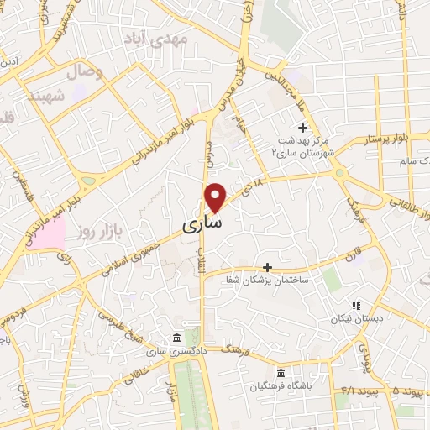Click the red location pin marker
pyautogui.click(x=216, y=197)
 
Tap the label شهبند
pyautogui.click(x=46, y=97)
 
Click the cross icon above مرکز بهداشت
pyautogui.click(x=303, y=126)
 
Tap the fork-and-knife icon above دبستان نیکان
pyautogui.click(x=357, y=306)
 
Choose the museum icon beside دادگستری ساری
pyautogui.click(x=176, y=338)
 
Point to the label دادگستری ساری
pyautogui.click(x=176, y=352)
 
